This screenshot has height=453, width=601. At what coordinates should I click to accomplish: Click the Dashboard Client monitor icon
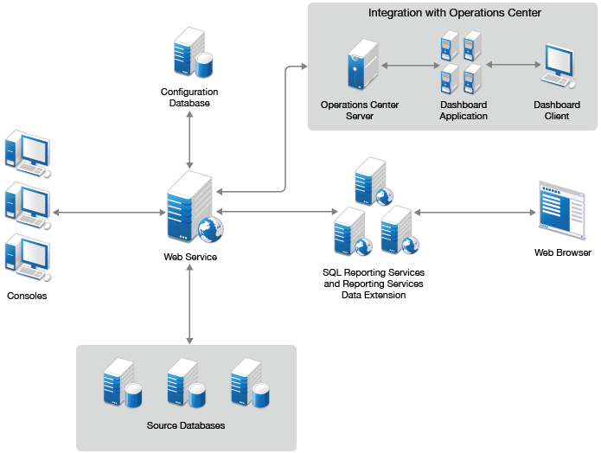point(556,66)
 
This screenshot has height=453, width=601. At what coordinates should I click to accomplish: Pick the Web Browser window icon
point(562,209)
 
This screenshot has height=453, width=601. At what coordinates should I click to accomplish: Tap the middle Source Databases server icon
point(186,383)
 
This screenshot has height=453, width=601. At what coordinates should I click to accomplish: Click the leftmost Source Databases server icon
point(122,383)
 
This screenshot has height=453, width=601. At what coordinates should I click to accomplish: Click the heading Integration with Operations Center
point(455,13)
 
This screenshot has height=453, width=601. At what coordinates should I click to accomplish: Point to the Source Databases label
point(186,425)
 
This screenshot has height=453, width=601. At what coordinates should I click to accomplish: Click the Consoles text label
point(27,296)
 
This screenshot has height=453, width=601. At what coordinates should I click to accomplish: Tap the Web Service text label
point(190,257)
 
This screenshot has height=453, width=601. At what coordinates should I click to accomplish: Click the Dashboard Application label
point(464,111)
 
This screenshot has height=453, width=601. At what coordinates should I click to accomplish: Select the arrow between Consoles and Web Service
point(107,211)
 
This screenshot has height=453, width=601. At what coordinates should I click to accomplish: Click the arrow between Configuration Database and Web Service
point(189,140)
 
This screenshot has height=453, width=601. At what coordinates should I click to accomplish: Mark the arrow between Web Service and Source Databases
point(189,303)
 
